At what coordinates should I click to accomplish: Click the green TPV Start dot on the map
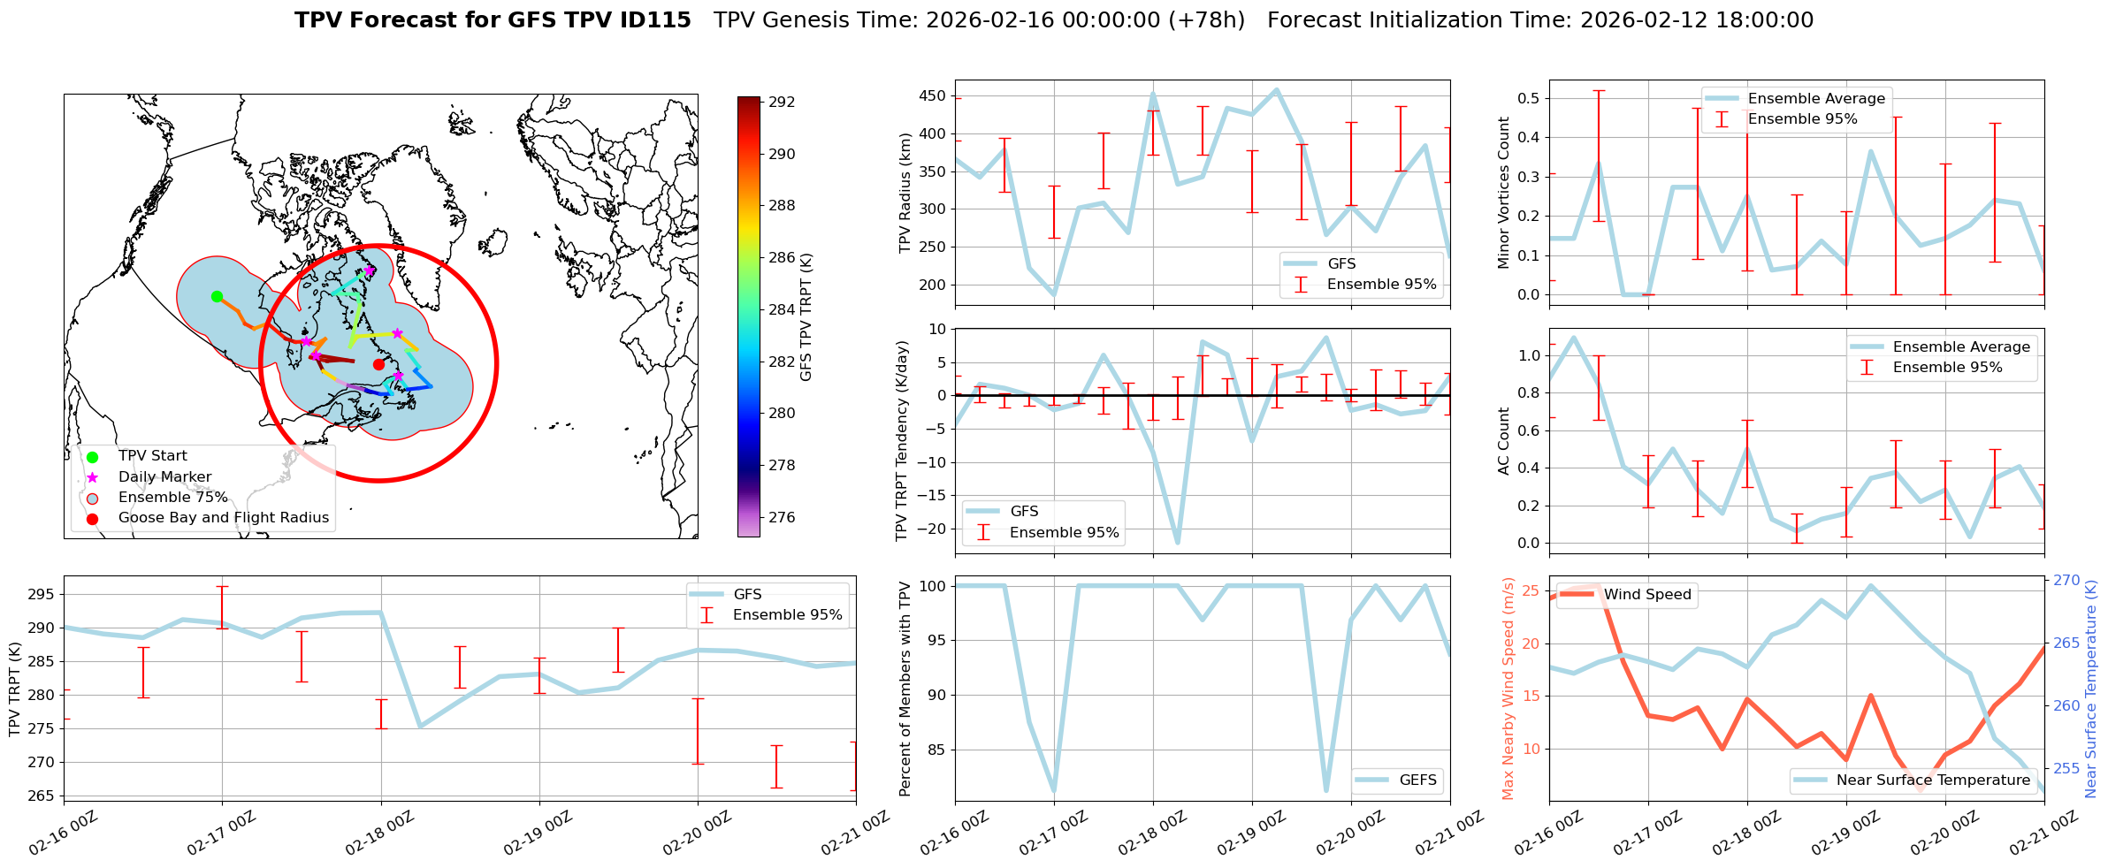217,296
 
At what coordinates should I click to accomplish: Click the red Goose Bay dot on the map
378,364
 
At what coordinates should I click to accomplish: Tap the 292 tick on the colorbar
782,102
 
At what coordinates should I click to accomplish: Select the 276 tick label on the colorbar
782,517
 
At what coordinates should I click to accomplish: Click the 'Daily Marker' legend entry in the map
164,476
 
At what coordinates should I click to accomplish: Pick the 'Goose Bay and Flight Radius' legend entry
223,518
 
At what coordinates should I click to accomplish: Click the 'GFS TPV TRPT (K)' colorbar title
806,317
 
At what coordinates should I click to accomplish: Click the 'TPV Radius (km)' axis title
905,193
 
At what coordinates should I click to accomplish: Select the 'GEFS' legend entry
1417,780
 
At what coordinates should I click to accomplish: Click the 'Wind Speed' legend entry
1647,595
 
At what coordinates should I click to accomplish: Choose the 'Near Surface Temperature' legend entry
1933,780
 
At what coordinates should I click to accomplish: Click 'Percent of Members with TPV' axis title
905,689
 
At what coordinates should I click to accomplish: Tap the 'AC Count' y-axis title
1504,441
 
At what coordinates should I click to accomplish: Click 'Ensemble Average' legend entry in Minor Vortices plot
1816,99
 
